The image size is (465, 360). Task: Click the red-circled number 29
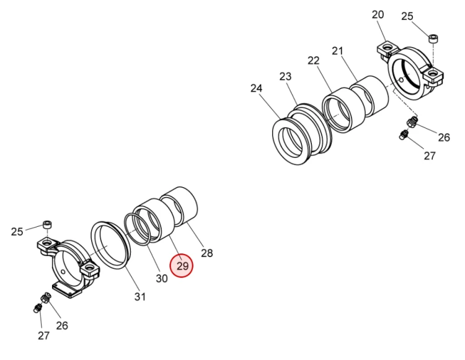(x=182, y=266)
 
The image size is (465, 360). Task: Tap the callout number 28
(x=206, y=253)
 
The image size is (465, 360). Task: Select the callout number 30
(x=162, y=278)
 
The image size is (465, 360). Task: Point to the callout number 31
(x=140, y=297)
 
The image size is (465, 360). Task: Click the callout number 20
(x=378, y=14)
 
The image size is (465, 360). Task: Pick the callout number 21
(x=337, y=51)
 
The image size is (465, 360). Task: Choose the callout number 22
(x=314, y=61)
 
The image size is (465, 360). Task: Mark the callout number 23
(x=285, y=76)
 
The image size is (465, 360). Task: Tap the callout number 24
(x=257, y=89)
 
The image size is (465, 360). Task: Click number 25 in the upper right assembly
(x=407, y=16)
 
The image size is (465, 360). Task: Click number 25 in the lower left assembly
(x=17, y=232)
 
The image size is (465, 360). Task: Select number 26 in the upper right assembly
(x=444, y=138)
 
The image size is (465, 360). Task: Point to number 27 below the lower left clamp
(x=43, y=336)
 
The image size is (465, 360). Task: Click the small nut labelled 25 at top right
(x=433, y=39)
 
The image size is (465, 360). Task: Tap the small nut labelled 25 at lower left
(x=47, y=224)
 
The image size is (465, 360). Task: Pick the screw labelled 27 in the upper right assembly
(x=404, y=135)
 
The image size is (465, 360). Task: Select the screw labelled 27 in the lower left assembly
(x=37, y=308)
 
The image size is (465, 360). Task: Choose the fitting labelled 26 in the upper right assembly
(x=412, y=122)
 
